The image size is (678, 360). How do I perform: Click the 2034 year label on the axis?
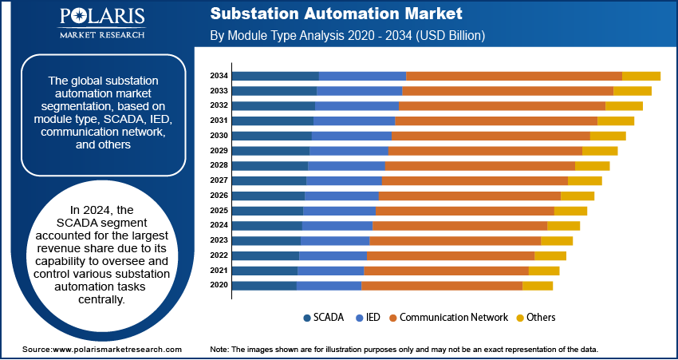coord(219,76)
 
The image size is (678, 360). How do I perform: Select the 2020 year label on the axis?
coord(219,285)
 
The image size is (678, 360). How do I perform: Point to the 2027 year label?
coord(219,180)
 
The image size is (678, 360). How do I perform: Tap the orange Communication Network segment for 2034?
coord(514,76)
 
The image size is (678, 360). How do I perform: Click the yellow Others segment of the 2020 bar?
coord(537,285)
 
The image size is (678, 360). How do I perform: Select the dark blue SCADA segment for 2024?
coord(267,225)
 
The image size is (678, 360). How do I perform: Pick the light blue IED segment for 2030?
coord(352,136)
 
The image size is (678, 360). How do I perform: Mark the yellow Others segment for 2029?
coord(600,151)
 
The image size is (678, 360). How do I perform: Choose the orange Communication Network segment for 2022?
coord(450,255)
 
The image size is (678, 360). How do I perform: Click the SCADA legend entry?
coord(324,317)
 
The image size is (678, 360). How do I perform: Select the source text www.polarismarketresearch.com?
coord(102,350)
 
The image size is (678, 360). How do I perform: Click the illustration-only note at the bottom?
coord(404,350)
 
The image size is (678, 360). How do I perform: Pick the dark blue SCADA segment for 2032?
coord(274,105)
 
